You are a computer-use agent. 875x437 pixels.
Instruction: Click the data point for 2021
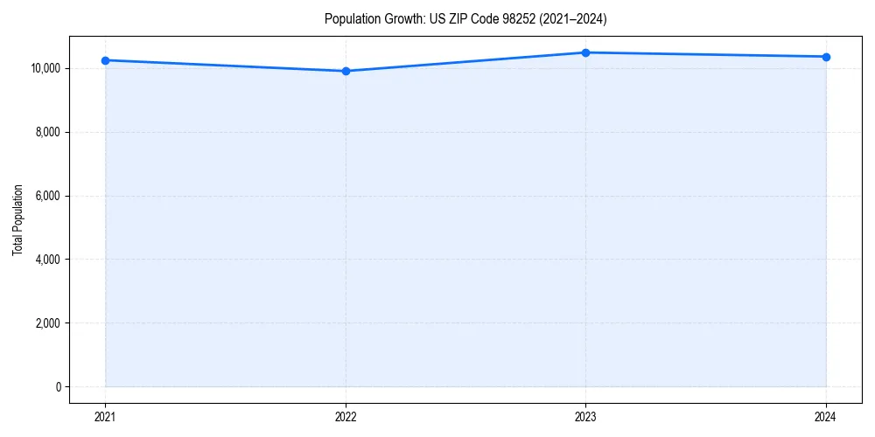[105, 60]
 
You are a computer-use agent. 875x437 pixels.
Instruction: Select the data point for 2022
[346, 71]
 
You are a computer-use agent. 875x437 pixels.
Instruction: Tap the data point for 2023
[585, 52]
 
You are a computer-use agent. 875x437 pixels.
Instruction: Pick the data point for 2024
[826, 57]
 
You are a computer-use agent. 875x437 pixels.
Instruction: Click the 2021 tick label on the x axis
[105, 416]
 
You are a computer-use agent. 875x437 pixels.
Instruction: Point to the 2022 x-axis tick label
[346, 416]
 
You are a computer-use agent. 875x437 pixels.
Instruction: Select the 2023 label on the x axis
[585, 416]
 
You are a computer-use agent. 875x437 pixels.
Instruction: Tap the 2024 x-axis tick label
[826, 416]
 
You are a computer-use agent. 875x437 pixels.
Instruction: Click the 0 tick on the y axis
[58, 387]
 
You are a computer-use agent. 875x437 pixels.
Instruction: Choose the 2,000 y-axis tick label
[47, 323]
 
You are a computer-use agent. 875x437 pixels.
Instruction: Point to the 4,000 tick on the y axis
[47, 260]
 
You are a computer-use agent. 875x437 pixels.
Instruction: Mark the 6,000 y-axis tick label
[47, 196]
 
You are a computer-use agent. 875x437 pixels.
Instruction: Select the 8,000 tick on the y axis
[47, 132]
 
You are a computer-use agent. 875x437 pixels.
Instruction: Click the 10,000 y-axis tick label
[45, 68]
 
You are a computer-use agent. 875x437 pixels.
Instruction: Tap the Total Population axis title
[17, 219]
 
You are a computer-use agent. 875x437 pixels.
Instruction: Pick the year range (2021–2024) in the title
[570, 18]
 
